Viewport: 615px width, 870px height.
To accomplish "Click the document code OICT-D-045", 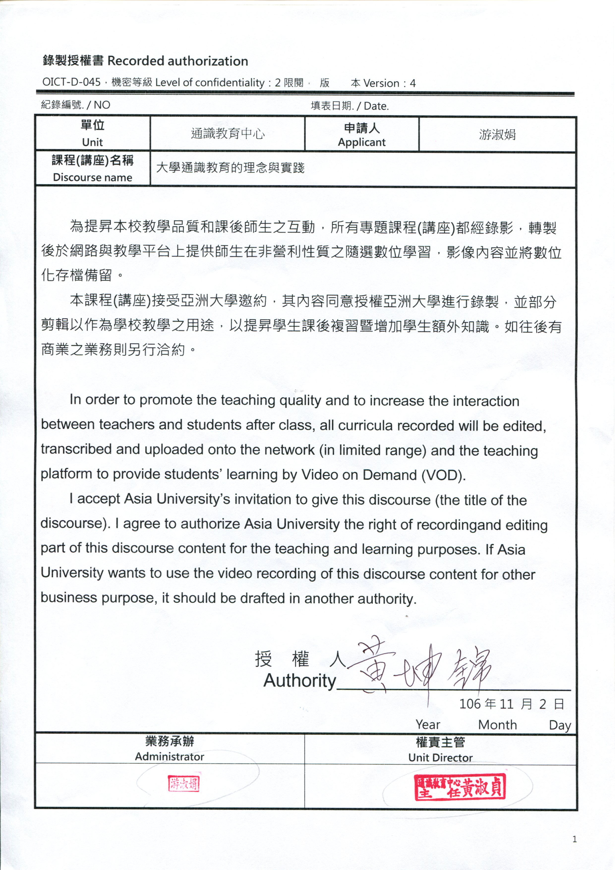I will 71,82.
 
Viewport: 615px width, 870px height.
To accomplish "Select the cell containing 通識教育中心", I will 227,134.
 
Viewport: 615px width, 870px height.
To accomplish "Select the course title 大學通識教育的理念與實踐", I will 230,168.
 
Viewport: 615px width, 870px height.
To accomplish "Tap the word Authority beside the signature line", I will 300,681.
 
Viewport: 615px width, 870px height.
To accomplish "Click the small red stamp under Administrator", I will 184,784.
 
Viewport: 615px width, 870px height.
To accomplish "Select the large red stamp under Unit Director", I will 460,786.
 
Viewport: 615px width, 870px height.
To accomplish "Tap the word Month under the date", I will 497,724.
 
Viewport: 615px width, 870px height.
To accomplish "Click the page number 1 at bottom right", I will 574,839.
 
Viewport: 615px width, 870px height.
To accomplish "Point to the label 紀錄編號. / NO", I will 75,105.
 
